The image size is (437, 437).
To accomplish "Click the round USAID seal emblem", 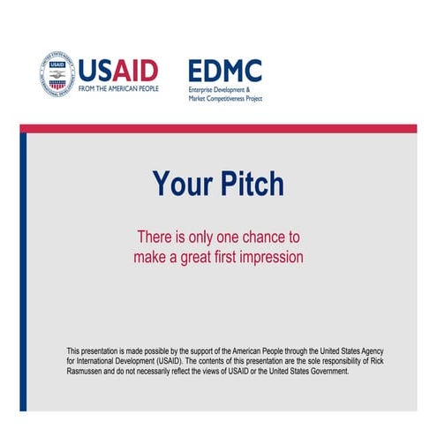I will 57,74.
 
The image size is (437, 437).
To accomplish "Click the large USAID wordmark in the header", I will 118,69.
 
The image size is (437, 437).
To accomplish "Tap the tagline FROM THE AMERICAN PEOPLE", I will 118,89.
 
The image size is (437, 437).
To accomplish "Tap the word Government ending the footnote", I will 329,372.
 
